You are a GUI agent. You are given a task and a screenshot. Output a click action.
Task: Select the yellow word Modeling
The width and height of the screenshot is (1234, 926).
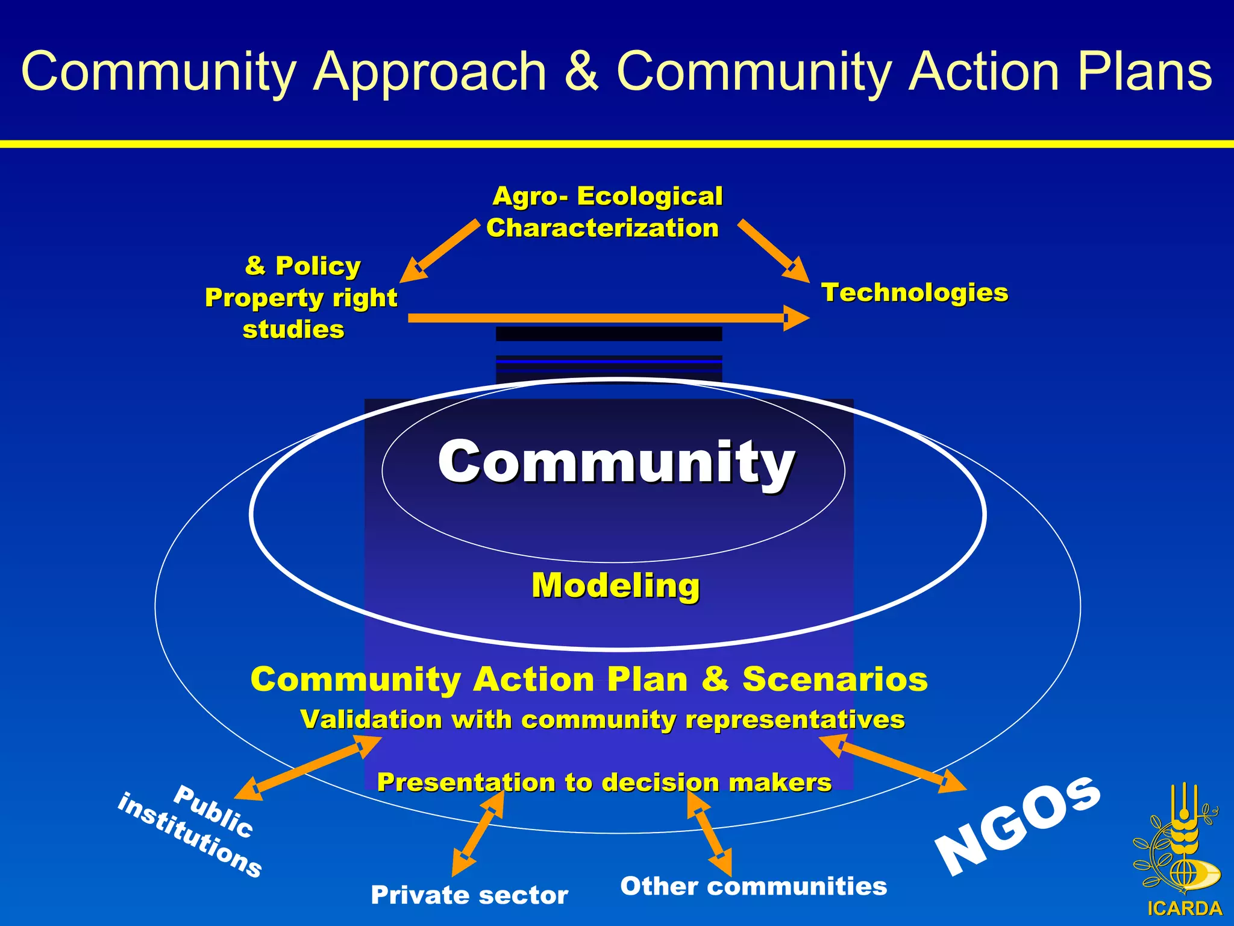[x=615, y=585]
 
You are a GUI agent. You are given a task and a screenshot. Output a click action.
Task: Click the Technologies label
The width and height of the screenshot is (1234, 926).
[x=914, y=292]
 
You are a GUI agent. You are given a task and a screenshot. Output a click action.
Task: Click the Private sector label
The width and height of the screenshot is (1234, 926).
[x=469, y=895]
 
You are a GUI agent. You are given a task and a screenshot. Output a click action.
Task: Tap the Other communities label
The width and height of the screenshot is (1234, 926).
[x=753, y=886]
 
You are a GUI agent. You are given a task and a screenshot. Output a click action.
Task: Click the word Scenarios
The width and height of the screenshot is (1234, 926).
[x=835, y=679]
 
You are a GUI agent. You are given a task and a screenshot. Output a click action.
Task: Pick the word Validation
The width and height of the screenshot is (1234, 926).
[x=371, y=719]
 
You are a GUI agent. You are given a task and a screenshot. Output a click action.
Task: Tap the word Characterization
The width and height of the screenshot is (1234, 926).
[x=603, y=228]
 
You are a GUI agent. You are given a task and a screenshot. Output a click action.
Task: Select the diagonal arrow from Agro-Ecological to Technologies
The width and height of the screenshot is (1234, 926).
[x=772, y=250]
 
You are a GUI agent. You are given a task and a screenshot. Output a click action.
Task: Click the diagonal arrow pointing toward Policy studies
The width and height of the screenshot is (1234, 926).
[x=440, y=250]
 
